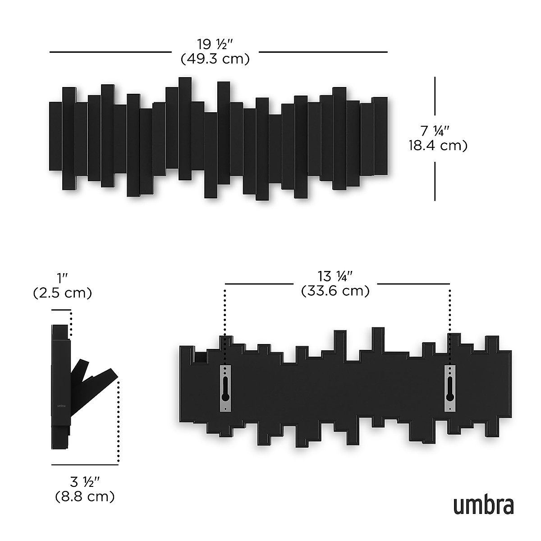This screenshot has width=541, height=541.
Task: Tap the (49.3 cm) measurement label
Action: pyautogui.click(x=215, y=59)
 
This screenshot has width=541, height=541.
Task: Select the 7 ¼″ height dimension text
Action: pyautogui.click(x=436, y=131)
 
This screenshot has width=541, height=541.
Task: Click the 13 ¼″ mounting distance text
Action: pyautogui.click(x=335, y=276)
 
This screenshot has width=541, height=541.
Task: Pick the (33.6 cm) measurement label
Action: pyautogui.click(x=335, y=291)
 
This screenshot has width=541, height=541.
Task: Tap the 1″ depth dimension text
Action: pyautogui.click(x=62, y=278)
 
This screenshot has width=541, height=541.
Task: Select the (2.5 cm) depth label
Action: pyautogui.click(x=62, y=293)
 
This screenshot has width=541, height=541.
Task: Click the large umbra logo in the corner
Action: pyautogui.click(x=483, y=506)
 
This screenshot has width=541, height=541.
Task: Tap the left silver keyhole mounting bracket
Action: pyautogui.click(x=225, y=388)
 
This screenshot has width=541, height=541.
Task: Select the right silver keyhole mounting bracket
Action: pyautogui.click(x=450, y=388)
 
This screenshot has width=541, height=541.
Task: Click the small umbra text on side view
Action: pyautogui.click(x=61, y=405)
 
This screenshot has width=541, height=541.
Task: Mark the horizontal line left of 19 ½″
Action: pyautogui.click(x=110, y=52)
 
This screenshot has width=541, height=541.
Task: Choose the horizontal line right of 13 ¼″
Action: pyautogui.click(x=413, y=284)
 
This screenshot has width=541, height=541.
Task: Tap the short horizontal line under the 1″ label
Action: pyautogui.click(x=61, y=310)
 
